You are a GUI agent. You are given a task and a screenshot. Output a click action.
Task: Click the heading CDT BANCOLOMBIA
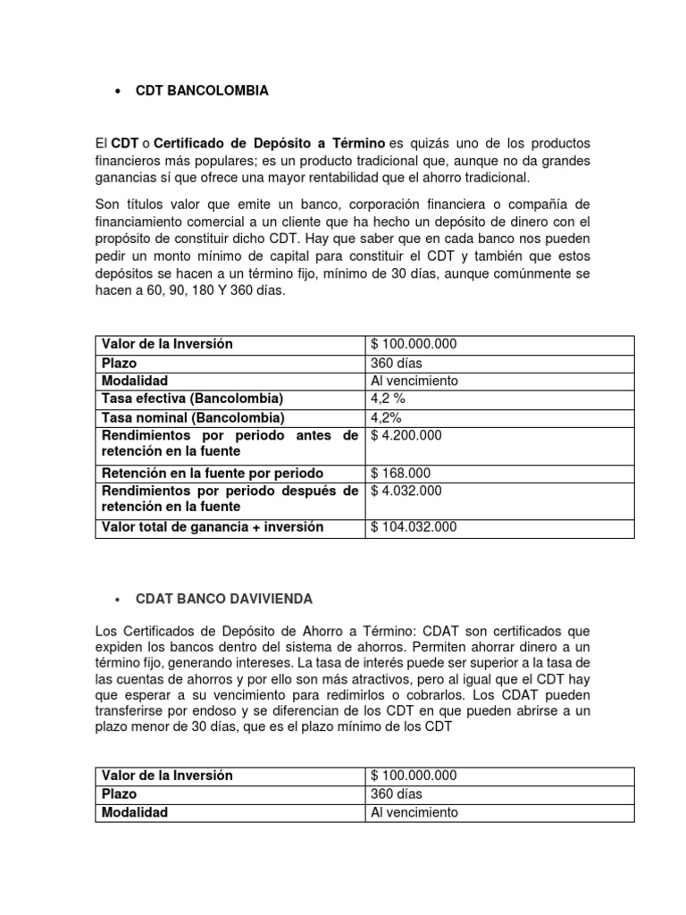[201, 90]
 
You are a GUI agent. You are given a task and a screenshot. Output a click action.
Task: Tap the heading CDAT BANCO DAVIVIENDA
[223, 598]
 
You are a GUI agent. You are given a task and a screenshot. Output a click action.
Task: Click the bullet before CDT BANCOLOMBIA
[118, 91]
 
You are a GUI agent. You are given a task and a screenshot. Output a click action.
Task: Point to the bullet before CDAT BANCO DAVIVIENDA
[118, 598]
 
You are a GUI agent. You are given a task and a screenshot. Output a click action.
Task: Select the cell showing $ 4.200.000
[406, 435]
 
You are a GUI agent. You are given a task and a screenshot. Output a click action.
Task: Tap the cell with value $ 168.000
[400, 473]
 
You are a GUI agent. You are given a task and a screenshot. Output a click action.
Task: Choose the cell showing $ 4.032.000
[406, 491]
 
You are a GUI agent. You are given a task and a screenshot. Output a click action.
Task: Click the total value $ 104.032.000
[414, 527]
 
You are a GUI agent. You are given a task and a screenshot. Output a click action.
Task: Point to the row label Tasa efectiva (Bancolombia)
[193, 399]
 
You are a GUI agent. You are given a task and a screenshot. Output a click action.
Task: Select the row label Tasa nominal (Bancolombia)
[193, 417]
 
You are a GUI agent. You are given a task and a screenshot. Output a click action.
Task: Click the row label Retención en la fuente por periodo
[213, 473]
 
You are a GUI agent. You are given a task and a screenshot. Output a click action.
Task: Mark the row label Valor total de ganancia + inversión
[213, 527]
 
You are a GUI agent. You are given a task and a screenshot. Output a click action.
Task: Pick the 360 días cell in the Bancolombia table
[396, 363]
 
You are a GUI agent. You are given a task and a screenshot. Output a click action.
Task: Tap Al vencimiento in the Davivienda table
[414, 812]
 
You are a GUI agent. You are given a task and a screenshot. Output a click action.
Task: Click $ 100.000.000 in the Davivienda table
[414, 776]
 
